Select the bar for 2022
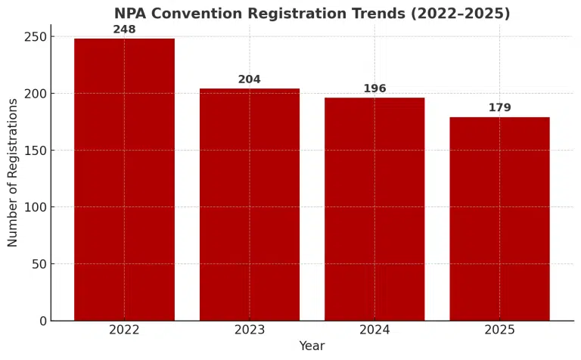pos(124,179)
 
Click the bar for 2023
pos(250,204)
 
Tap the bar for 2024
pos(374,209)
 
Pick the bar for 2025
pos(499,219)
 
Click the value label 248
pos(124,29)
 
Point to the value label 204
pos(250,79)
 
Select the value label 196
pos(374,88)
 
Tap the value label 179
pos(499,108)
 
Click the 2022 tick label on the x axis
pos(124,330)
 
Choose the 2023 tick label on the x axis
pos(250,330)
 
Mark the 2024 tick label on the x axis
pos(374,330)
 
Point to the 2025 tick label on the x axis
pos(499,330)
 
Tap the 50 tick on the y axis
pos(39,264)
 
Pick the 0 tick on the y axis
pos(42,321)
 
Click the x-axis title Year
pos(312,346)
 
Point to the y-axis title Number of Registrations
pos(13,172)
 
